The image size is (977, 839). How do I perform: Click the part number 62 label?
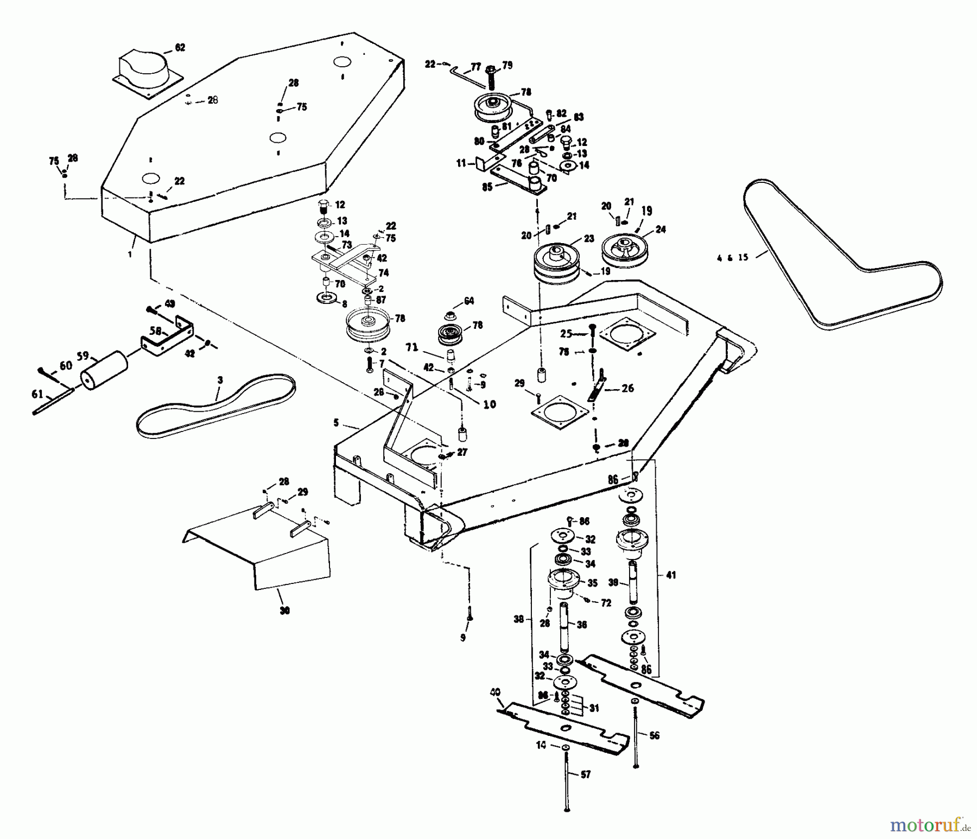tap(180, 47)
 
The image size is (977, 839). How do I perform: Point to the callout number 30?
tap(285, 611)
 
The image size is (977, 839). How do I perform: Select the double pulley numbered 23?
tap(557, 263)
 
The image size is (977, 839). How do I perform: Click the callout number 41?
tap(671, 575)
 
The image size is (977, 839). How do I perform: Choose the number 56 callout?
tap(654, 736)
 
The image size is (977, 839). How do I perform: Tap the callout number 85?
tap(487, 188)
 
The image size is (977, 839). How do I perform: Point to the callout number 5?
tap(336, 422)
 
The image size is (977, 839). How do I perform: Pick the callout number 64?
tap(468, 301)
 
